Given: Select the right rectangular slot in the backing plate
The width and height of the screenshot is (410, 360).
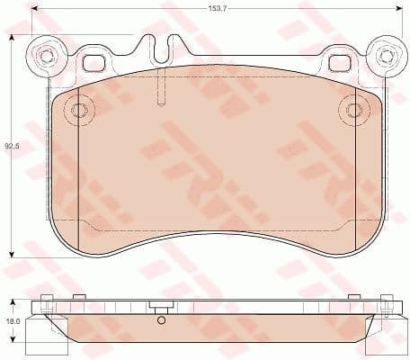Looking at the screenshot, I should click(x=341, y=64).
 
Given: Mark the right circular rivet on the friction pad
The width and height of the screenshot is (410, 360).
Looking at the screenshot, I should click(x=353, y=111).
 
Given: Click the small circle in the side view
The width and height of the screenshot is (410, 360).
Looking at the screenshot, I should click(x=160, y=320).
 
